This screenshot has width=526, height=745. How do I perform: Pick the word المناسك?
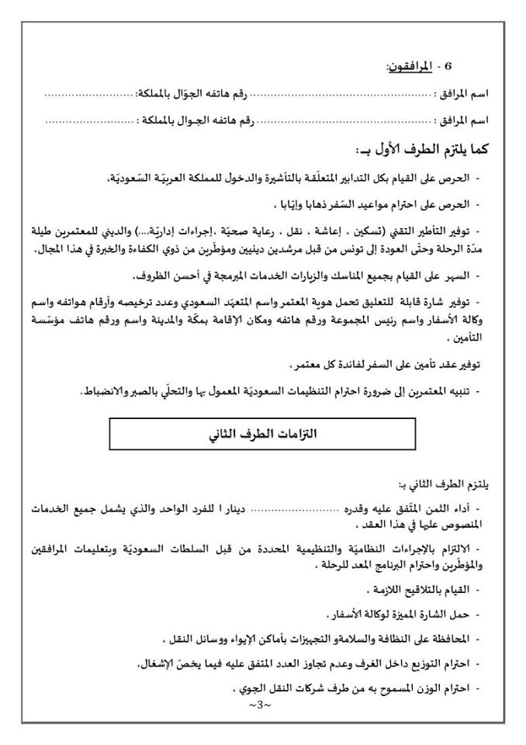coord(341,275)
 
